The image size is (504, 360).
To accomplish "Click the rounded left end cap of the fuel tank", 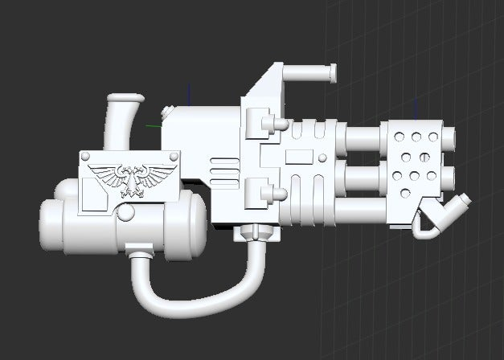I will pyautogui.click(x=50, y=227).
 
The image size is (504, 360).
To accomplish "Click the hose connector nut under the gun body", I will pyautogui.click(x=252, y=232).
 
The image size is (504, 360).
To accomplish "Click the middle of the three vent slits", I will pyautogui.click(x=220, y=170).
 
